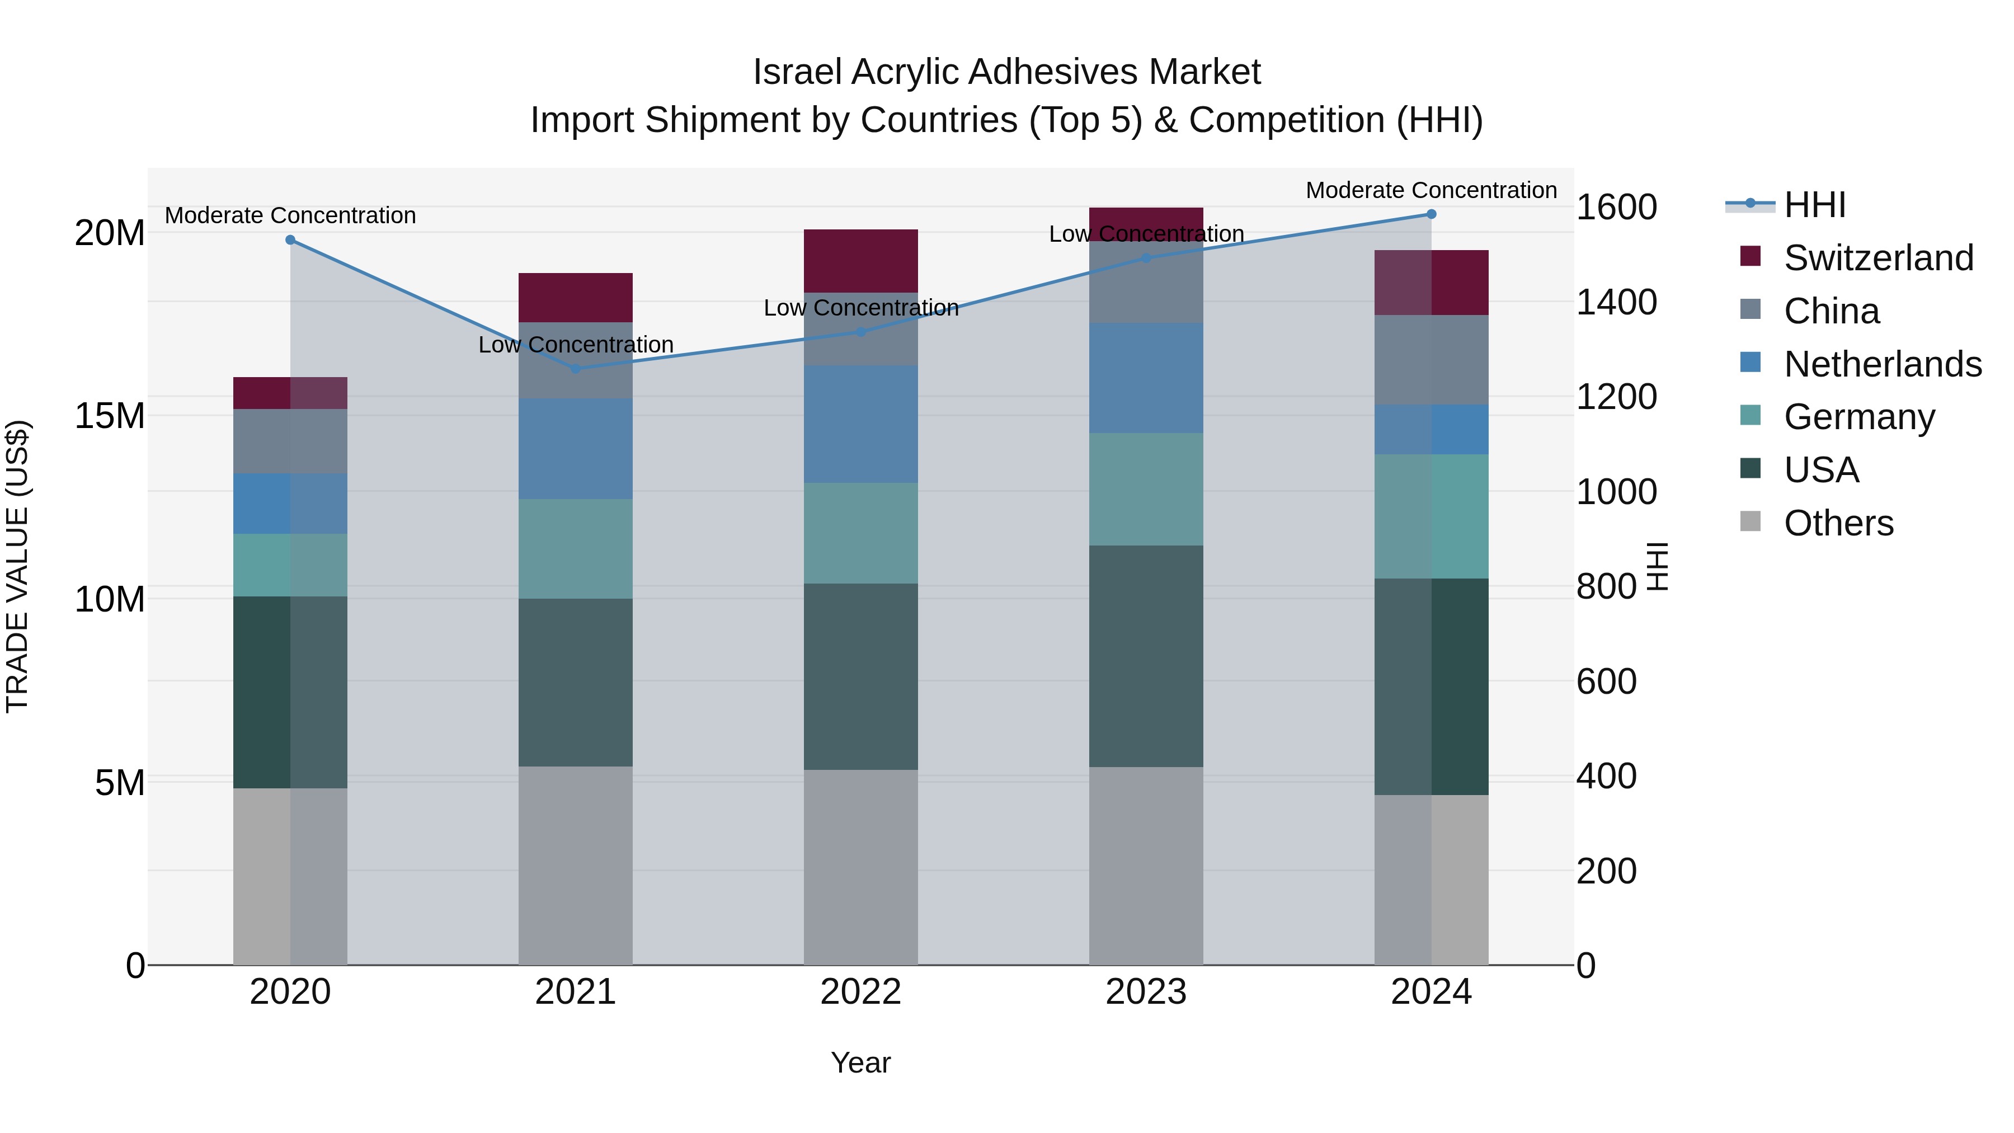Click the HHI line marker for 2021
coord(576,368)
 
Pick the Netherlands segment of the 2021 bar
coord(576,448)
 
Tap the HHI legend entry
coord(1814,205)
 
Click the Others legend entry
coord(1837,523)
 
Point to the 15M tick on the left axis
coord(110,415)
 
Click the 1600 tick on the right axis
coord(1615,207)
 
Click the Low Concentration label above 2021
coord(576,344)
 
